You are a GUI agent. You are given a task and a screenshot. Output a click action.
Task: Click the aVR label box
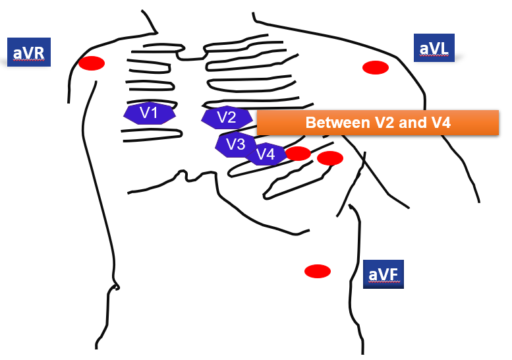pos(28,51)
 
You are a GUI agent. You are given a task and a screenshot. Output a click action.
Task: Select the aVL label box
pos(435,47)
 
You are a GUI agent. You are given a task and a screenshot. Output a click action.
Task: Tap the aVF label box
pos(383,274)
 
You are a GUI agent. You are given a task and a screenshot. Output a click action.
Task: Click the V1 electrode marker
pos(150,113)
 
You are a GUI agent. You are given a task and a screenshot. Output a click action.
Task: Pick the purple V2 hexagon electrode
pos(227,118)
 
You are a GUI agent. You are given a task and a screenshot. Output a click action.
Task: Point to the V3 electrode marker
pos(234,144)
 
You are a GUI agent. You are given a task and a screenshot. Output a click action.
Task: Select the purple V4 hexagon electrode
pos(266,154)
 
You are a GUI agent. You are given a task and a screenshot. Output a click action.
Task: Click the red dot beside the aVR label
pos(92,63)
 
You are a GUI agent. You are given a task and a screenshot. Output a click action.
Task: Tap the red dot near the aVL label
pos(376,67)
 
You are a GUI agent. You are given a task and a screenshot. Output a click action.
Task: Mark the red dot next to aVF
pos(317,271)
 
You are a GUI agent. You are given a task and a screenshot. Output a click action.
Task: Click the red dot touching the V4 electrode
pos(298,154)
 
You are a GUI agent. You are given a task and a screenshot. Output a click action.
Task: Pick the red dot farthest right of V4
pos(330,158)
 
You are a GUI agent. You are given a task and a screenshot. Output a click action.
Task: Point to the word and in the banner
pos(407,123)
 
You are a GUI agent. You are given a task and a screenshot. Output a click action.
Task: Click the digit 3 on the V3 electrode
pos(241,144)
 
